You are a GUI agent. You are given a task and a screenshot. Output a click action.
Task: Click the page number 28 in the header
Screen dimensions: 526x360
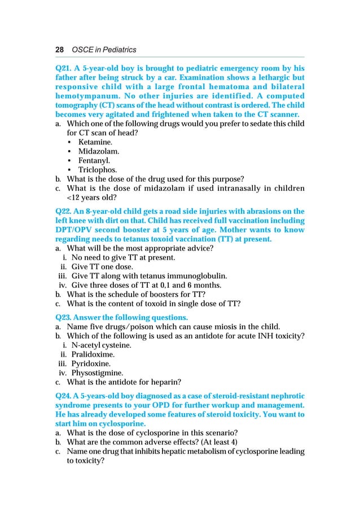(x=59, y=50)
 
